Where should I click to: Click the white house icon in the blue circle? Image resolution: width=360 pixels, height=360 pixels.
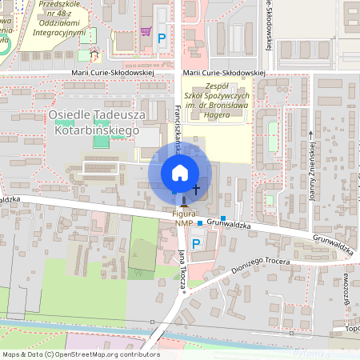click(180, 173)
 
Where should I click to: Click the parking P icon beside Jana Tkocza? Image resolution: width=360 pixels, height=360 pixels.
click(196, 243)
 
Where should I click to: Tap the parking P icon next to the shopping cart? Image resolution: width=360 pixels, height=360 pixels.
click(162, 38)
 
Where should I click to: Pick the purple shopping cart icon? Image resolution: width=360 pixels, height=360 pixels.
click(146, 31)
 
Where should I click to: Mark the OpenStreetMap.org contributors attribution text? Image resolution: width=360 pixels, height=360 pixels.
click(81, 354)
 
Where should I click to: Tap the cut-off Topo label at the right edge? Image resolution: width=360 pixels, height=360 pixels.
click(352, 329)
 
